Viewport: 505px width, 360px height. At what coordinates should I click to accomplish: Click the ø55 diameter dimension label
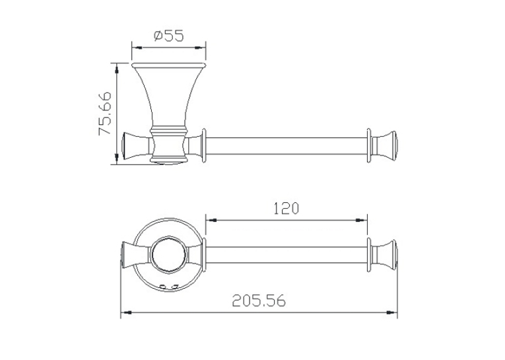(169, 36)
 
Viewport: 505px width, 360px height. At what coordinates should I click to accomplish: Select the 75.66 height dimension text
(106, 114)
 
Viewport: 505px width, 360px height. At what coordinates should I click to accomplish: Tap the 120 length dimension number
(286, 208)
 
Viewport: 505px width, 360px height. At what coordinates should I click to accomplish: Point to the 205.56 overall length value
(259, 301)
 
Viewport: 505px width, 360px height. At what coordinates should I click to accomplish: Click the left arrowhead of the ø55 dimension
(137, 48)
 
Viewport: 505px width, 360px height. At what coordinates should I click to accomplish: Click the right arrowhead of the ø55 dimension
(201, 48)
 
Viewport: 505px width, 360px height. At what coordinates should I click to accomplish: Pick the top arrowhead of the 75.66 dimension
(117, 68)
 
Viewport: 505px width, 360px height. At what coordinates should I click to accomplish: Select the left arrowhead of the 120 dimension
(211, 221)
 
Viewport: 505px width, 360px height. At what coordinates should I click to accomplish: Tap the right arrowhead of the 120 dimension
(362, 221)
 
